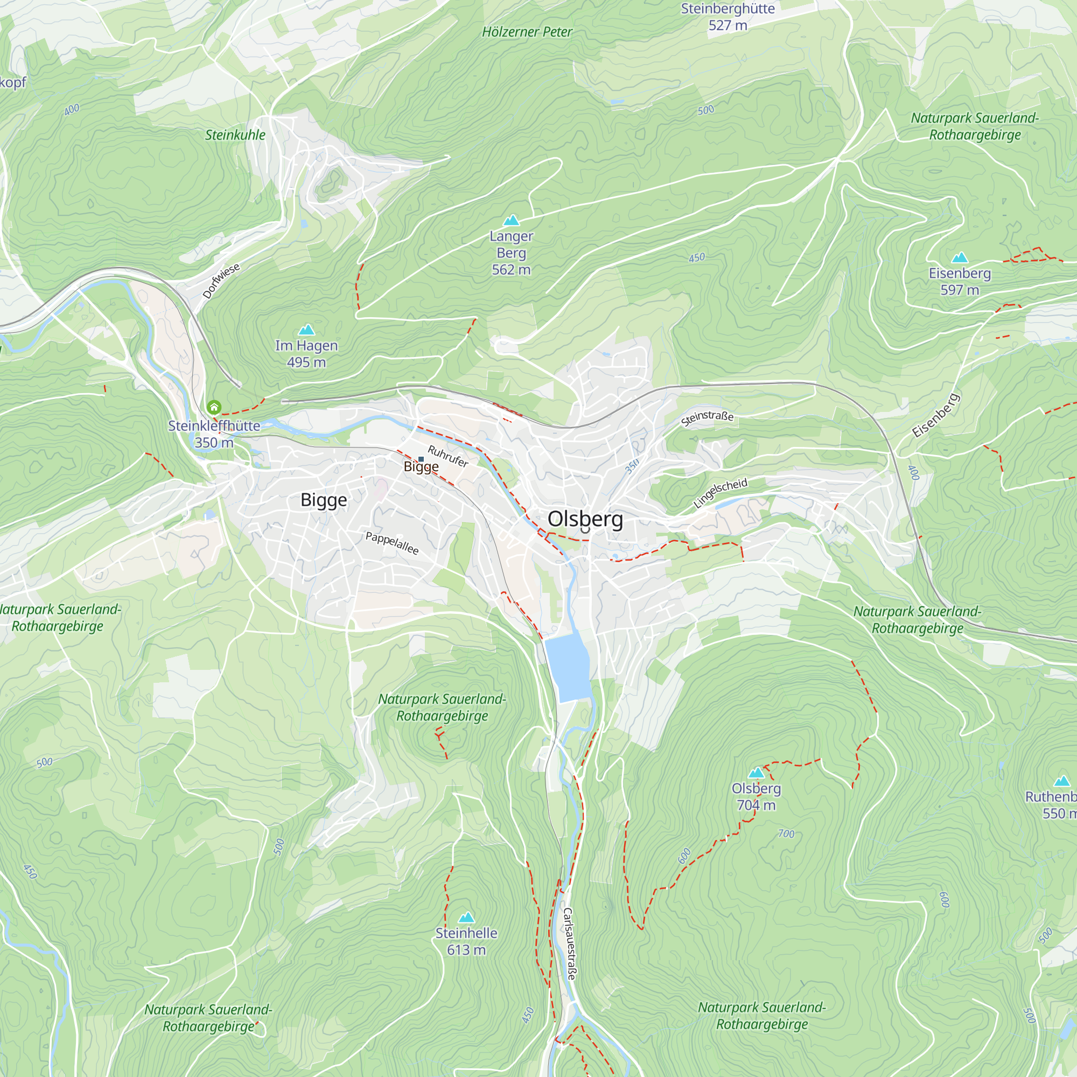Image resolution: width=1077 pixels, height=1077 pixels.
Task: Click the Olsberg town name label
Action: point(585,519)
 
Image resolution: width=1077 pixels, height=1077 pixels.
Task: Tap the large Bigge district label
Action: point(323,500)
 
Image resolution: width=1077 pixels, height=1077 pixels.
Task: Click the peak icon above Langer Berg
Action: point(511,221)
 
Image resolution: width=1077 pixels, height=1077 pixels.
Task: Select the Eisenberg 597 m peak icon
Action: point(960,257)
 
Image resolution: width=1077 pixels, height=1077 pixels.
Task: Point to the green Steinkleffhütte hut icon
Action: point(214,407)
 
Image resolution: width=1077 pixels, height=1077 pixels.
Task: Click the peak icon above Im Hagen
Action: point(306,330)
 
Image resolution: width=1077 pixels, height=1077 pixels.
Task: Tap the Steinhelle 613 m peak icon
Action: point(466,918)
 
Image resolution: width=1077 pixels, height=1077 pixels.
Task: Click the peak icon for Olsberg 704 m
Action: point(756,773)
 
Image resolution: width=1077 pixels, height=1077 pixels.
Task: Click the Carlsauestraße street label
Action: point(569,945)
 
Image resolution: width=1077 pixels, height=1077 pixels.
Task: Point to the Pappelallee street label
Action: point(391,543)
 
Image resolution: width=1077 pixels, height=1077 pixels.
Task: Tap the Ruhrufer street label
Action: point(447,456)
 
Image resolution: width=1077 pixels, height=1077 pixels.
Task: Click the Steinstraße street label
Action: point(707,418)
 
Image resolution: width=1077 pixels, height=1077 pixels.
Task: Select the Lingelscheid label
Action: point(719,493)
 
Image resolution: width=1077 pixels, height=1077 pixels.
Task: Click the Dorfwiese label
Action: point(221,281)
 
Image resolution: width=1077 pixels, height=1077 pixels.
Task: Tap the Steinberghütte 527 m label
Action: point(728,17)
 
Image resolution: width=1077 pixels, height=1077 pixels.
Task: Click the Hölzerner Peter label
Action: point(527,32)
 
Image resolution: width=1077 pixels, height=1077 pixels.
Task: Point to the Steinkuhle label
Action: point(235,135)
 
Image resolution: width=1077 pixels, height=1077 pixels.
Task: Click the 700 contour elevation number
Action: point(786,834)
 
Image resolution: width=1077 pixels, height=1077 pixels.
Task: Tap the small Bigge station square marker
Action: point(421,459)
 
